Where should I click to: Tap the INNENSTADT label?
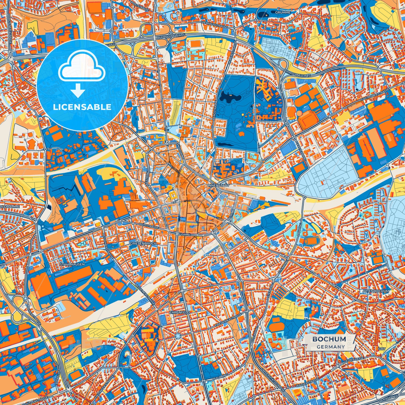coord(219,186)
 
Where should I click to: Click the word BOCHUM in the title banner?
coord(329,339)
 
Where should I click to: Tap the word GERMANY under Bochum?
coord(331,347)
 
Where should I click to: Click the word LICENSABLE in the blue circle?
coord(82,107)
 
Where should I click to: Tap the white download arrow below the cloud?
coord(78,91)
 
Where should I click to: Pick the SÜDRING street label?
coord(184,235)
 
